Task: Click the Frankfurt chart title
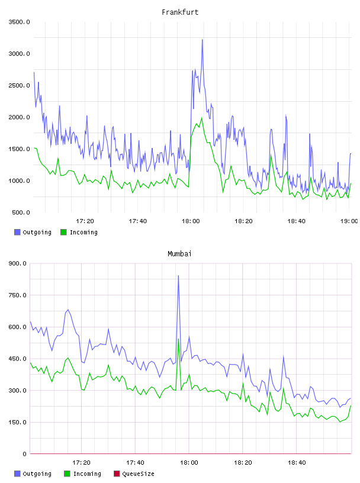(180, 12)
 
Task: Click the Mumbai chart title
(179, 254)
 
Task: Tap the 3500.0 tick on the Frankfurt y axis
(20, 22)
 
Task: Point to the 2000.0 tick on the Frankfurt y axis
(20, 117)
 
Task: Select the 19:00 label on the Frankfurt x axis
(349, 221)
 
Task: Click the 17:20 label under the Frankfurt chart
(85, 221)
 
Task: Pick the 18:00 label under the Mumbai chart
(189, 462)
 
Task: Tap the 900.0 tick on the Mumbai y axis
(18, 263)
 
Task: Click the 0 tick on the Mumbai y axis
(24, 454)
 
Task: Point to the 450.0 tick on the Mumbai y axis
(18, 359)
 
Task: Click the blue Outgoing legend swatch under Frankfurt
(17, 232)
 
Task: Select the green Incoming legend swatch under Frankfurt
(63, 232)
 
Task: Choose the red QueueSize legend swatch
(117, 474)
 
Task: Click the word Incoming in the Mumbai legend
(87, 474)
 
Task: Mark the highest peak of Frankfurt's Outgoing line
(202, 40)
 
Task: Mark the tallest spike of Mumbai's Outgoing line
(178, 275)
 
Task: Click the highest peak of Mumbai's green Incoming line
(178, 339)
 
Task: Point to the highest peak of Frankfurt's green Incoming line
(201, 118)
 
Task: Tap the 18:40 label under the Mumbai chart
(297, 462)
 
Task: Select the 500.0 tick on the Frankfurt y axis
(21, 212)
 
